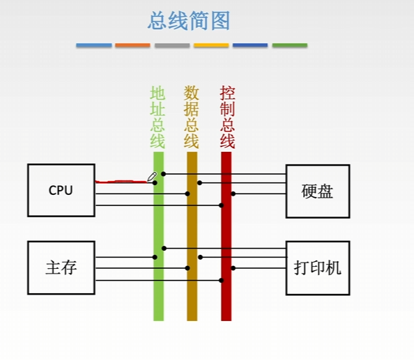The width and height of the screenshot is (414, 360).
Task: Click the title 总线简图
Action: coord(189,21)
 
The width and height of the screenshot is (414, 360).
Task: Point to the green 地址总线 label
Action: coord(158,117)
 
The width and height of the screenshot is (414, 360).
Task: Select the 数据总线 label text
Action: coord(191,117)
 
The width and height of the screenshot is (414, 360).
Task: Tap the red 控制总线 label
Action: coord(227,117)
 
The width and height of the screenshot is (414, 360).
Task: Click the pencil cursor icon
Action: coord(152,177)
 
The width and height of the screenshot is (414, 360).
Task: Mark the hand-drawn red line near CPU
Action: coord(121,182)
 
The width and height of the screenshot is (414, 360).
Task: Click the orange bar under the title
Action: coord(132,45)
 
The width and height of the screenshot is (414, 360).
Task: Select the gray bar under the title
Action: coord(172,45)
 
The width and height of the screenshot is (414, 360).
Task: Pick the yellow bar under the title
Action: coord(211,45)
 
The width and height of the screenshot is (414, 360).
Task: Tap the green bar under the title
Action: coord(290,45)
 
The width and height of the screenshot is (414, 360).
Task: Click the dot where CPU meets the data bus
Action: coord(187,194)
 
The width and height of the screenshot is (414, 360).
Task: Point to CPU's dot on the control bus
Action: coord(221,205)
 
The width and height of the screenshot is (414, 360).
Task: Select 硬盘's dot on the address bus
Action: coord(163,174)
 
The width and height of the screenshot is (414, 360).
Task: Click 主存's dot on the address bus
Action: coord(155,257)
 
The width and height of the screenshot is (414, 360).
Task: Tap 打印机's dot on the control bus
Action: coord(233,268)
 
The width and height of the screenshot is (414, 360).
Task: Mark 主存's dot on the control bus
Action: coord(221,281)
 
